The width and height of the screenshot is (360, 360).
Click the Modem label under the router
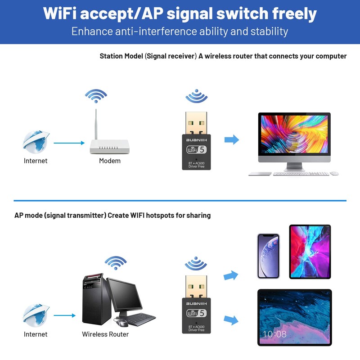[x=110, y=161]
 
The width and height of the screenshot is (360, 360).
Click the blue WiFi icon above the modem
[x=96, y=95]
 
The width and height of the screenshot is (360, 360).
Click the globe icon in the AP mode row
[x=36, y=315]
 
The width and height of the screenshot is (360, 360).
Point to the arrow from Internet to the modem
[x=69, y=143]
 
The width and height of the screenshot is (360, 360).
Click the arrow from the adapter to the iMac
[x=232, y=139]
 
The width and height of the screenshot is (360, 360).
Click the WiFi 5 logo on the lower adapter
[x=196, y=313]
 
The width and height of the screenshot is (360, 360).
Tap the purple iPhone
[x=268, y=256]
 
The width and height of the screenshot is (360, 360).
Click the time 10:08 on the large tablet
[x=274, y=334]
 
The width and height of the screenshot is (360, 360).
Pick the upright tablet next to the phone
[x=309, y=252]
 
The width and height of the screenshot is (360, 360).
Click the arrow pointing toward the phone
[x=231, y=274]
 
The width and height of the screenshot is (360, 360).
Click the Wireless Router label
[x=105, y=334]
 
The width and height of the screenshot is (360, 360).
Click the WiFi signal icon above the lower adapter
[x=196, y=263]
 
